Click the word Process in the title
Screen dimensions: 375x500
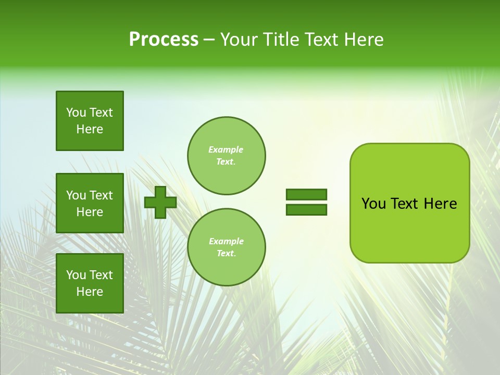(164, 40)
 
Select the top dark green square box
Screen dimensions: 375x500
(90, 121)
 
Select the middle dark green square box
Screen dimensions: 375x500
(90, 203)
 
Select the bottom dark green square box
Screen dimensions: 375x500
(90, 283)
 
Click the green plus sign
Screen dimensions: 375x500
(160, 202)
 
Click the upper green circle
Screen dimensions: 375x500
(227, 156)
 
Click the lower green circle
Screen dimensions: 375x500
(227, 247)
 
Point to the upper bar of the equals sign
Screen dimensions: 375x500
(306, 195)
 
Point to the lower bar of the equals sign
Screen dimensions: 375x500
(306, 210)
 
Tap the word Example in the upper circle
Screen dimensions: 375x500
(226, 149)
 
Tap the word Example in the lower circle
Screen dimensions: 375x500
(226, 241)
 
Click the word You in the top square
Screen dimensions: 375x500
(76, 113)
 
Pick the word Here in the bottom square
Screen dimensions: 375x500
(90, 292)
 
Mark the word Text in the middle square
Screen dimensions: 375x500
(101, 195)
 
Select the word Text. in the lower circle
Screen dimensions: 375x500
(226, 254)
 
